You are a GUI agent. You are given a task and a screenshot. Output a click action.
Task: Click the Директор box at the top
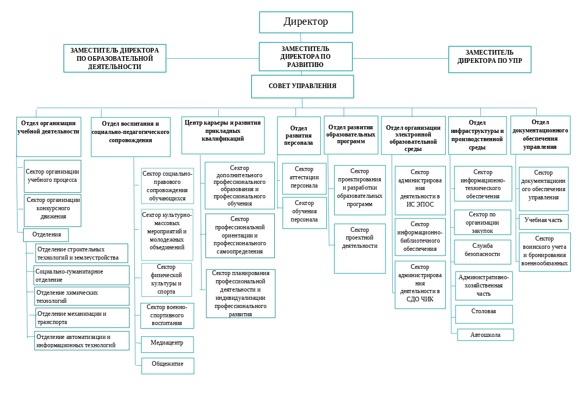306,22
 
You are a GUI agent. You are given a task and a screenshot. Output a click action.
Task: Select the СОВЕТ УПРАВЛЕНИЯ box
302,87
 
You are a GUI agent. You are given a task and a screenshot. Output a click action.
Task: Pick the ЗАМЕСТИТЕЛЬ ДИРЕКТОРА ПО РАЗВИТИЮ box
305,57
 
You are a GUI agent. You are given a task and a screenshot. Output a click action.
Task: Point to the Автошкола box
485,335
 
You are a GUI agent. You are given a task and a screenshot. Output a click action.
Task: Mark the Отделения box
46,235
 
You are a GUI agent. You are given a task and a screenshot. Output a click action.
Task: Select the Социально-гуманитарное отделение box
81,275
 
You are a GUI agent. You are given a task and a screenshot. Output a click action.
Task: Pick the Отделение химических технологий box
81,296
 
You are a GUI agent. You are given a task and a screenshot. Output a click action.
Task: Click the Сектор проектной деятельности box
359,248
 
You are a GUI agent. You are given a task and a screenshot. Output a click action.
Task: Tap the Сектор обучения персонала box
304,212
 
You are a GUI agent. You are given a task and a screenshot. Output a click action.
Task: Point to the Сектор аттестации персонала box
304,179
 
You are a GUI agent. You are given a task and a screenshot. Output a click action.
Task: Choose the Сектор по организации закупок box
482,222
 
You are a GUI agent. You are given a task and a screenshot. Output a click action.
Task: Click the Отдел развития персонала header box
299,135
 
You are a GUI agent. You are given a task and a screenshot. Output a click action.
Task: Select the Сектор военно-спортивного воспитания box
167,315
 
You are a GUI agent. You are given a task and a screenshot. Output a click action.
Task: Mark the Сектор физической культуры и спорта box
166,280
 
